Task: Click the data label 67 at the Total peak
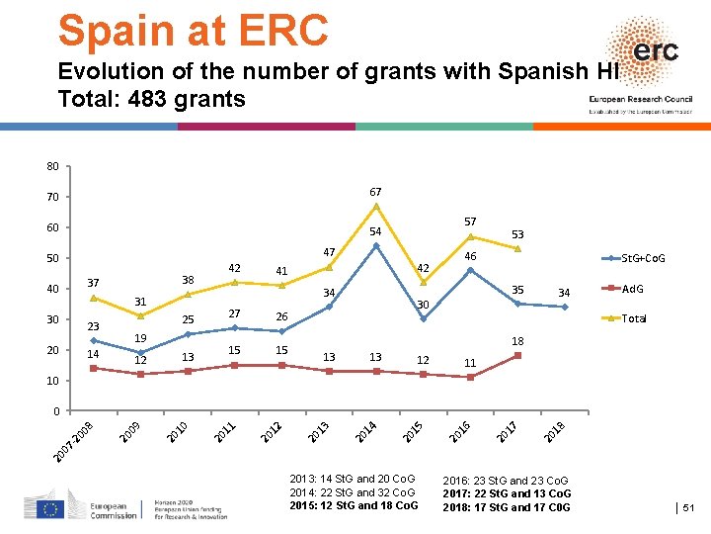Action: coord(375,191)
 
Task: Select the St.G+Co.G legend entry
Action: coord(641,258)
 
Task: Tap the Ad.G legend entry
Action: coord(632,289)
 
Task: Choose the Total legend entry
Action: coord(631,318)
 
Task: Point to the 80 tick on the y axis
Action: coord(52,166)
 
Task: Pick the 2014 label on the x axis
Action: coord(363,432)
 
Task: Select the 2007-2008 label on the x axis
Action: coord(74,440)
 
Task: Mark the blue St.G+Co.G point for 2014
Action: coord(376,245)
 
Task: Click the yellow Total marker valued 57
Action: coord(470,236)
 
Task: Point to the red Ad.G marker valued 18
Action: coord(516,355)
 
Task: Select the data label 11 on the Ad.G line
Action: coord(470,363)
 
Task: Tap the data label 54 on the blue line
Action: coord(375,231)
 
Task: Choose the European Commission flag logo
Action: coord(50,508)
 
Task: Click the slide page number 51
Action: coord(689,508)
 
